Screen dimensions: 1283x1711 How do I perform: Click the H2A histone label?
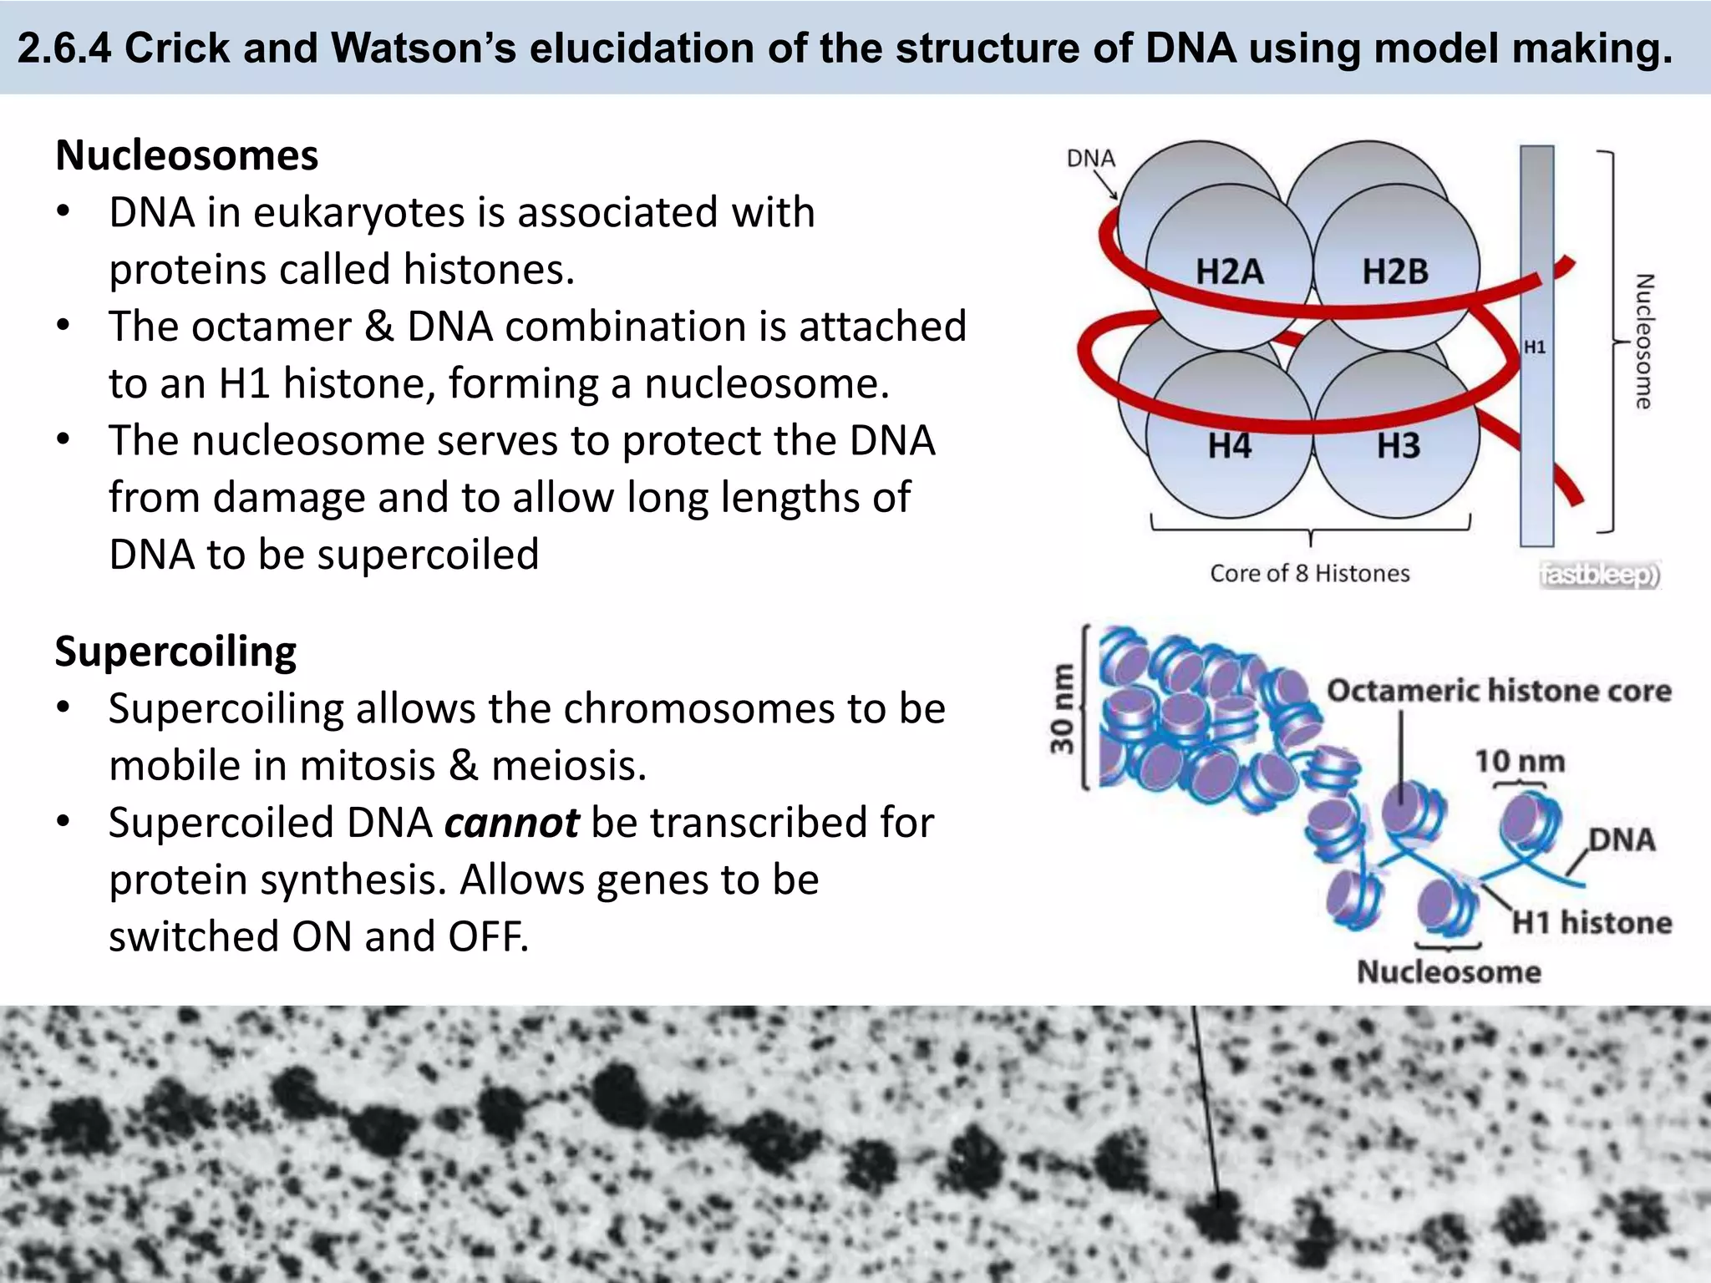pyautogui.click(x=1229, y=272)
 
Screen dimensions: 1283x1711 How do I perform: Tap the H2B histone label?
pyautogui.click(x=1395, y=272)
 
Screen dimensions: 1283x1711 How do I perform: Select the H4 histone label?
pyautogui.click(x=1229, y=446)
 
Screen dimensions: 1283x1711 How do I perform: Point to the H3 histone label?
pyautogui.click(x=1398, y=446)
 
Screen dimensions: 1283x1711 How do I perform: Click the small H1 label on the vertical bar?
pyautogui.click(x=1535, y=347)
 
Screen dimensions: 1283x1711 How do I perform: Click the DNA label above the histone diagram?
pyautogui.click(x=1091, y=159)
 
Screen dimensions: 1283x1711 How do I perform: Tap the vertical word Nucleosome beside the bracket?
pyautogui.click(x=1643, y=341)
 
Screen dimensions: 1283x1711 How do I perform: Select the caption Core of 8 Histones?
pyautogui.click(x=1309, y=574)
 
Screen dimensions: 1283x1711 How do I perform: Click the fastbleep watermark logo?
pyautogui.click(x=1599, y=575)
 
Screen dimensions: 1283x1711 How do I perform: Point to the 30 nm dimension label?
pyautogui.click(x=1062, y=708)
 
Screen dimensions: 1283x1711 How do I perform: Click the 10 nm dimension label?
pyautogui.click(x=1519, y=761)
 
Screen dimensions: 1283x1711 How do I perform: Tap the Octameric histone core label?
pyautogui.click(x=1499, y=691)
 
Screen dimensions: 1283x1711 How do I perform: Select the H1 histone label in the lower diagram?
pyautogui.click(x=1592, y=922)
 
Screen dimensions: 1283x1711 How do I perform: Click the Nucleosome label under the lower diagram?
pyautogui.click(x=1449, y=971)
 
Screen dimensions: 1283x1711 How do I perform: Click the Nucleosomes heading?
pyautogui.click(x=187, y=155)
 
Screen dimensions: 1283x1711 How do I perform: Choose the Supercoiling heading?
pyautogui.click(x=175, y=652)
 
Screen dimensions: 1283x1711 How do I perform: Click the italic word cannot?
pyautogui.click(x=511, y=823)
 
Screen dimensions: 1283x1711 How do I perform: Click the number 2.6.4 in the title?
pyautogui.click(x=64, y=48)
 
